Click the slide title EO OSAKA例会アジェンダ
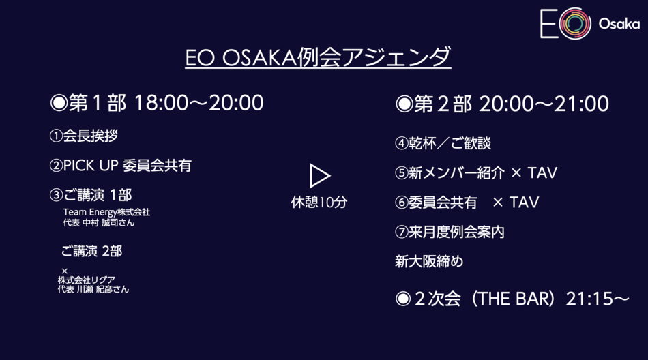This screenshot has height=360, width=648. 318,57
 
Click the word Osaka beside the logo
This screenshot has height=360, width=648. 619,24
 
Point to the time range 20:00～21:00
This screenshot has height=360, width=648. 544,104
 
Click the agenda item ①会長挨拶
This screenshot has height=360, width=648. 84,136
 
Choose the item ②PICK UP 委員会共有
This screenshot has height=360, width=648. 120,165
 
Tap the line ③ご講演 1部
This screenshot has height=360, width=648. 91,195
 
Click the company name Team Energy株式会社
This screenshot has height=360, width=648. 106,213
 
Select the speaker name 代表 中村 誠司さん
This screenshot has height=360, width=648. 99,223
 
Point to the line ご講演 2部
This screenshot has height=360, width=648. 92,251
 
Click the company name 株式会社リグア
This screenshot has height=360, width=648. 87,280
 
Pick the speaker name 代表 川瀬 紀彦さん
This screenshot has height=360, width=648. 93,289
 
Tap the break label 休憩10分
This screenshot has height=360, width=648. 319,202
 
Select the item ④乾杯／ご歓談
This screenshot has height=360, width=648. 443,143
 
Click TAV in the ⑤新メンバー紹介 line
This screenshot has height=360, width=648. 543,172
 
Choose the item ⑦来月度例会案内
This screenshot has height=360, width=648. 450,232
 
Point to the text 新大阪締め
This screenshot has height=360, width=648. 429,261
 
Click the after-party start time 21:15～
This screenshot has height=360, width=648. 598,299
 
